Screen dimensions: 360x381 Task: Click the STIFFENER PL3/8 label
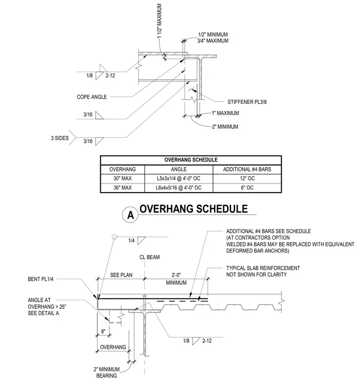[x=247, y=102]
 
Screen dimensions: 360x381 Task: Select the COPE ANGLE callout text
[x=92, y=97]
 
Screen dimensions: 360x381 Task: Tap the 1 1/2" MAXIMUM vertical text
[x=159, y=21]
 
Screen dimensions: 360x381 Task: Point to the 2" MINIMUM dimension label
[x=225, y=127]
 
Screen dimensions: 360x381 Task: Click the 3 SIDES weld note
[x=60, y=138]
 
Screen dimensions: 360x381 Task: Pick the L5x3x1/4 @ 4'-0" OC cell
[x=178, y=178]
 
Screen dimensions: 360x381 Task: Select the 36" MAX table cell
[x=122, y=187]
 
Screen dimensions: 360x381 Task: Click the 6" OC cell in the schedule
[x=247, y=187]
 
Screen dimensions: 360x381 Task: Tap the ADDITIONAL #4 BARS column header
[x=247, y=169]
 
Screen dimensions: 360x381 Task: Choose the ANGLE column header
[x=178, y=169]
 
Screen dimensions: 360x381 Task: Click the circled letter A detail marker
[x=130, y=215]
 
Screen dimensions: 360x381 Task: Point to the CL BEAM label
[x=149, y=257]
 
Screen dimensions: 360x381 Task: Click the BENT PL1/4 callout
[x=41, y=279]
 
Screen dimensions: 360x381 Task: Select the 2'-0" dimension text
[x=176, y=275]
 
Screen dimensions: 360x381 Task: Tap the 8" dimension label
[x=103, y=331]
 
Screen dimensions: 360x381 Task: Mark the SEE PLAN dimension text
[x=121, y=275]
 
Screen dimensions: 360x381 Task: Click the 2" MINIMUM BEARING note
[x=107, y=372]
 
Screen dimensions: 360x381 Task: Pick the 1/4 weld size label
[x=131, y=241]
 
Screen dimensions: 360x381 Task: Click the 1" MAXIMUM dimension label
[x=225, y=113]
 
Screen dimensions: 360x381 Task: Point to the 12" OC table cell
[x=247, y=178]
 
